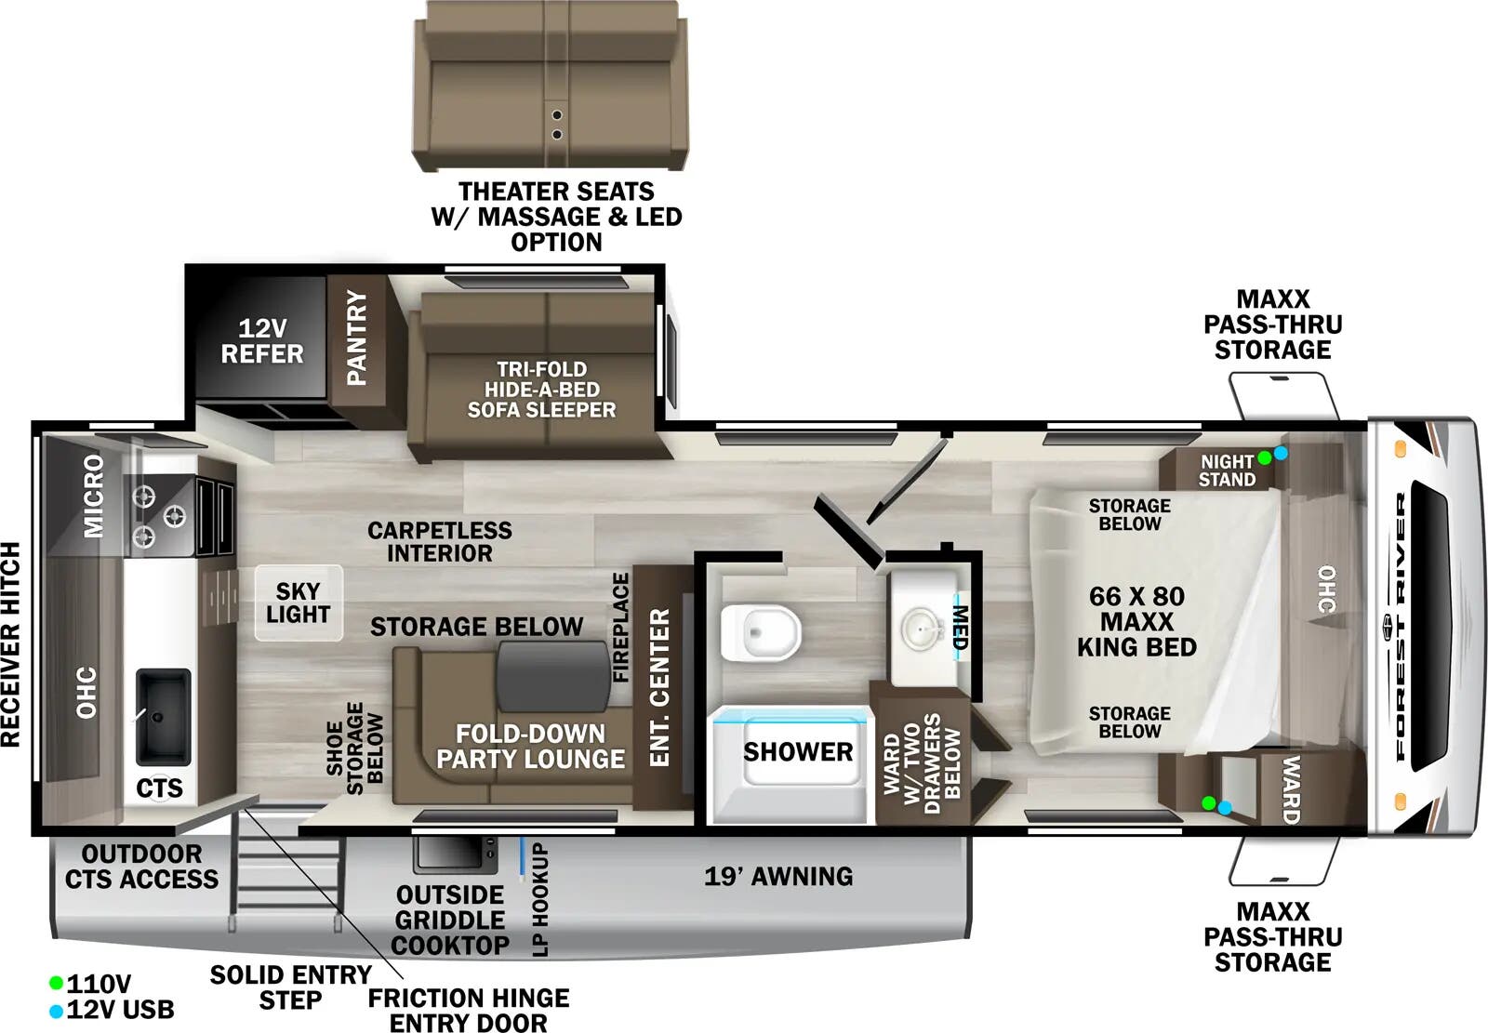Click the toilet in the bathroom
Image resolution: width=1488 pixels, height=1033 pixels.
click(x=760, y=633)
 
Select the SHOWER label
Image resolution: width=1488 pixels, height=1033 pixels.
click(x=797, y=751)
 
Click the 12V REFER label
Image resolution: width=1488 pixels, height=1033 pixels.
click(x=261, y=341)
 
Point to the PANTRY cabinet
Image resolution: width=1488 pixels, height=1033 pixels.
click(x=356, y=338)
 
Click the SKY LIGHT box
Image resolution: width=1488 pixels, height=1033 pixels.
click(x=298, y=603)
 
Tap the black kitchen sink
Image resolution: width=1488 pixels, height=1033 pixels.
click(x=163, y=716)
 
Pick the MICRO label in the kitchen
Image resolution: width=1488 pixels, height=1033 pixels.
click(x=94, y=497)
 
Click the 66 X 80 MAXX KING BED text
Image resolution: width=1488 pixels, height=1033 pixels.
click(x=1136, y=621)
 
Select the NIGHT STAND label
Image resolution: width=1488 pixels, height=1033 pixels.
click(x=1226, y=470)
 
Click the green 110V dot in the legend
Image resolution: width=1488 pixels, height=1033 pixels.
click(x=56, y=983)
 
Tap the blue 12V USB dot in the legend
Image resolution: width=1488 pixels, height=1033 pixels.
click(x=56, y=1010)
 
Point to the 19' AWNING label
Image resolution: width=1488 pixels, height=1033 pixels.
click(x=777, y=876)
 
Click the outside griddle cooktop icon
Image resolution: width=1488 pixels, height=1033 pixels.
click(x=456, y=854)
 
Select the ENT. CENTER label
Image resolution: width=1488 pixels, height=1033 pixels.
click(x=659, y=687)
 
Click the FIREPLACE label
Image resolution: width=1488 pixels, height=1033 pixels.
click(x=621, y=628)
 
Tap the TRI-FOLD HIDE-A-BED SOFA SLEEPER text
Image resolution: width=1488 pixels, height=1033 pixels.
click(x=541, y=390)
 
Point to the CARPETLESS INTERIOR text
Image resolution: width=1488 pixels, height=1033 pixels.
click(x=439, y=541)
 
